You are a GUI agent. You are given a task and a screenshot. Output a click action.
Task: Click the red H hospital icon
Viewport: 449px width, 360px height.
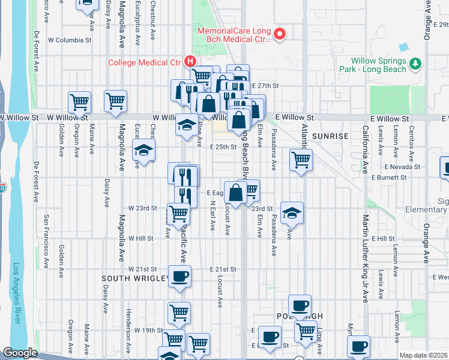click(x=190, y=61)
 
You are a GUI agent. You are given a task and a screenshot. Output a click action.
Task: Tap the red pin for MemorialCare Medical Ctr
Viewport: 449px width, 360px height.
click(x=279, y=34)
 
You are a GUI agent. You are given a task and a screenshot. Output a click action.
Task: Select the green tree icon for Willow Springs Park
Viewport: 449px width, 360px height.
click(x=414, y=63)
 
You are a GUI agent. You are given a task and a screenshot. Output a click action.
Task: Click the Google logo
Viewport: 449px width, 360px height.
click(x=20, y=353)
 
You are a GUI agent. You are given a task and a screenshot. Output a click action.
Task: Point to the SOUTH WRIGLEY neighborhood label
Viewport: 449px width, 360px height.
click(x=132, y=279)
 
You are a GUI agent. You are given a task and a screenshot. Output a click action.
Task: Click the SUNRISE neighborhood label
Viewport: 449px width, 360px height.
click(x=330, y=136)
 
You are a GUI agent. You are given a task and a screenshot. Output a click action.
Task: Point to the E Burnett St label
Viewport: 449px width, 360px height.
click(x=390, y=178)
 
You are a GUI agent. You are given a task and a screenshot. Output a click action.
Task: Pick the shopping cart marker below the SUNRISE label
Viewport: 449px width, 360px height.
click(x=301, y=160)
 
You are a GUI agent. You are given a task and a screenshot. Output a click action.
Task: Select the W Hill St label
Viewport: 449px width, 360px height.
click(x=141, y=238)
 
